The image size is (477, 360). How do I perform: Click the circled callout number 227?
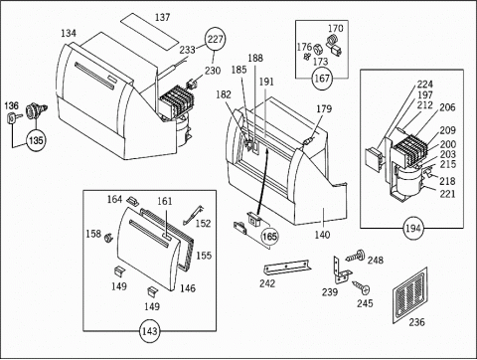coord(215,40)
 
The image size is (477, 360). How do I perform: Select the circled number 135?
coord(36,140)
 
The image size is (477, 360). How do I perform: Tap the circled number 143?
coord(150,331)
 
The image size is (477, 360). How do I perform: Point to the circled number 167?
coord(322,79)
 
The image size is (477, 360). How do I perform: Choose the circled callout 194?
coord(412,228)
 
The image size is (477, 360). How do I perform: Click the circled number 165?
coord(269,237)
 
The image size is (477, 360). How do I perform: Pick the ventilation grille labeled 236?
coord(409,294)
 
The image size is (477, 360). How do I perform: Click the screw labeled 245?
coord(361,286)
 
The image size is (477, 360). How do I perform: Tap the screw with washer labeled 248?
coord(355,257)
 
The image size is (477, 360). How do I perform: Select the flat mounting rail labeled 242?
coord(287,268)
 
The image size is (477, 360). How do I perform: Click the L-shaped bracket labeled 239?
coord(342,270)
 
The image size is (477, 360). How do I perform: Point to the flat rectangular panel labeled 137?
coord(149,32)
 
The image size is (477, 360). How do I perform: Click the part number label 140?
coord(322,235)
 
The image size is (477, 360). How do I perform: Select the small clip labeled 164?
coord(133,201)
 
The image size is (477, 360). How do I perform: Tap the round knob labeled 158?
coord(108,238)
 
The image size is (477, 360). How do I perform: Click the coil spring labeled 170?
coord(332,41)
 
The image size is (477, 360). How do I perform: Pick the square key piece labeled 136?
coord(12,118)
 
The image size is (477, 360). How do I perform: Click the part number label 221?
coord(447,194)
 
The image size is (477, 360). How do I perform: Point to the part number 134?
coord(69,33)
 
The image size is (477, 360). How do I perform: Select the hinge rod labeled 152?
coord(195,215)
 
